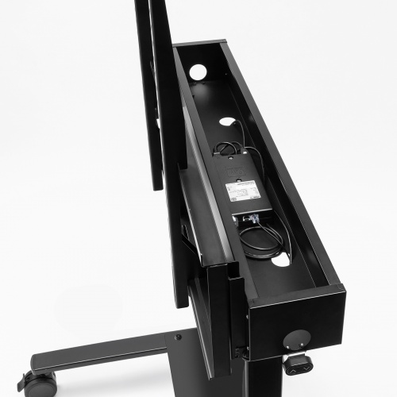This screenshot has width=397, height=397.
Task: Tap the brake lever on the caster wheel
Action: pos(24,380)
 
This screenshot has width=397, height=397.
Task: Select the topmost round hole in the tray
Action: pos(198,72)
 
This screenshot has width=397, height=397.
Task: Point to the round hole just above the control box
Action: pos(228,122)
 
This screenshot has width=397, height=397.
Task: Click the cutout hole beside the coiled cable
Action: pos(280,259)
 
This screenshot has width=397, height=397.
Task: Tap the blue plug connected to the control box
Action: pos(252,215)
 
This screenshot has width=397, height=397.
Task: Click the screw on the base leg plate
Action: pos(177,337)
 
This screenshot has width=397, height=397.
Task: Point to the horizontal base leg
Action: pos(103,353)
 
